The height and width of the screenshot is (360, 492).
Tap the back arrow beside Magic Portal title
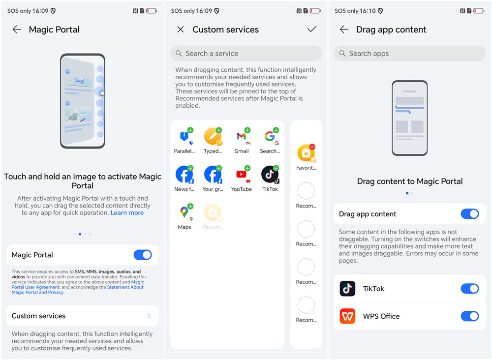tap(17, 30)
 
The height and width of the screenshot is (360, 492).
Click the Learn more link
tap(127, 212)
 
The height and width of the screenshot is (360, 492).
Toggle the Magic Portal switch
tap(143, 255)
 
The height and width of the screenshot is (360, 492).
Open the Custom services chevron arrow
tap(150, 316)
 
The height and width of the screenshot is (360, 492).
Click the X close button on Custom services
tap(181, 30)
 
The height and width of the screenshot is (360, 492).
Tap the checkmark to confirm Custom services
tap(312, 29)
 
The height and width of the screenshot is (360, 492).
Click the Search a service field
tap(246, 53)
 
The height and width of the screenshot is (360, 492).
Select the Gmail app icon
tap(242, 137)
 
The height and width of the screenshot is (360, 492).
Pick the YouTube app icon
tap(242, 175)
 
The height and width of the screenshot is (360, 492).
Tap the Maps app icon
tap(184, 212)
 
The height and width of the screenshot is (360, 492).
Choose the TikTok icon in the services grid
tap(270, 175)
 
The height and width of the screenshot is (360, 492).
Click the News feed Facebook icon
tap(184, 175)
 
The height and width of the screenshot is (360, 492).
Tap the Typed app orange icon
tap(213, 137)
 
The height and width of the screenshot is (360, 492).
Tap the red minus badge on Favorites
tap(312, 147)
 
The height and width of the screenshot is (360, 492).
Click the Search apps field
tap(410, 53)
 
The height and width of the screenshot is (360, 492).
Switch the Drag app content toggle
tap(470, 214)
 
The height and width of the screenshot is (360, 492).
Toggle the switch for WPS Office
tap(470, 316)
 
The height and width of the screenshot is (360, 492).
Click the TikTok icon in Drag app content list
tap(347, 289)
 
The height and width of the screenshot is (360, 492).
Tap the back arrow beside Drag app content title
tap(344, 30)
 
